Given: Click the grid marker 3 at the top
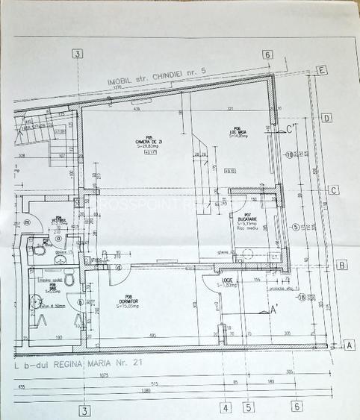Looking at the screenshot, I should click(x=77, y=54).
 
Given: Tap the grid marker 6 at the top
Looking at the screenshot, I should click(x=267, y=55).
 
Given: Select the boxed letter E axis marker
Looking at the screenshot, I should click(x=322, y=70).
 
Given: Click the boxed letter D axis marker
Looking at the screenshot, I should click(x=327, y=118).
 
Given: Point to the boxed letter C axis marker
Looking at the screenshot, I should click(x=335, y=189).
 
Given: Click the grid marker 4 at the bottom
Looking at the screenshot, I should click(x=223, y=407).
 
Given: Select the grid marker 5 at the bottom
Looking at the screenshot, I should click(x=249, y=407).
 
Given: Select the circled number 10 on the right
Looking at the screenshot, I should click(x=288, y=154).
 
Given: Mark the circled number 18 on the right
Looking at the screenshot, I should click(x=300, y=297).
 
